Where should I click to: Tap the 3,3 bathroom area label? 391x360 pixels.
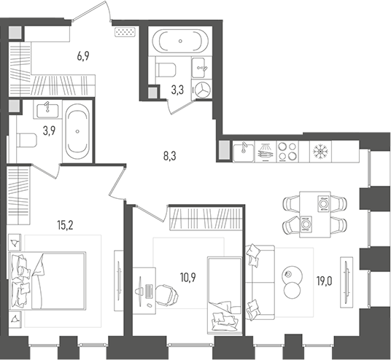tap(177, 90)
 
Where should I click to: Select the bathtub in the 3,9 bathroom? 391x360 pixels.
tap(76, 132)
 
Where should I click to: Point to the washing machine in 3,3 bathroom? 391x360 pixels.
tap(202, 89)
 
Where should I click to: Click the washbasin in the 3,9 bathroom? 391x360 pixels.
tap(46, 111)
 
